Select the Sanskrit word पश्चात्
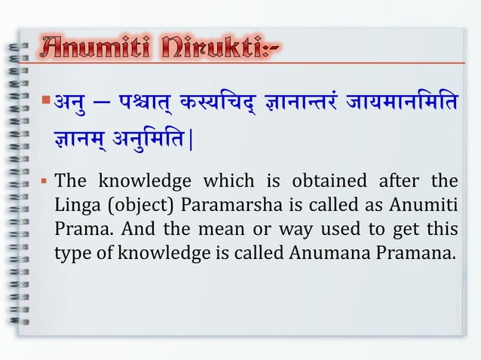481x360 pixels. pyautogui.click(x=140, y=104)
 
